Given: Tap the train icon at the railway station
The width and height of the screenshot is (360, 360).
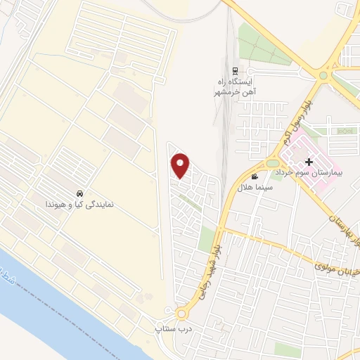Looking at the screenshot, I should pyautogui.click(x=235, y=71).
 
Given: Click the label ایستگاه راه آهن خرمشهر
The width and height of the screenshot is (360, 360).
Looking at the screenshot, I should pyautogui.click(x=233, y=87).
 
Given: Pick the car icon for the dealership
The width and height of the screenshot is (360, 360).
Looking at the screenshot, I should pyautogui.click(x=79, y=193).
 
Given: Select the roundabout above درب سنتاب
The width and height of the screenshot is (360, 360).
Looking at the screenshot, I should pyautogui.click(x=184, y=314).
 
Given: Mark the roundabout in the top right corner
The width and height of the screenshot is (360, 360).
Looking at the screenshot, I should pyautogui.click(x=324, y=75).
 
